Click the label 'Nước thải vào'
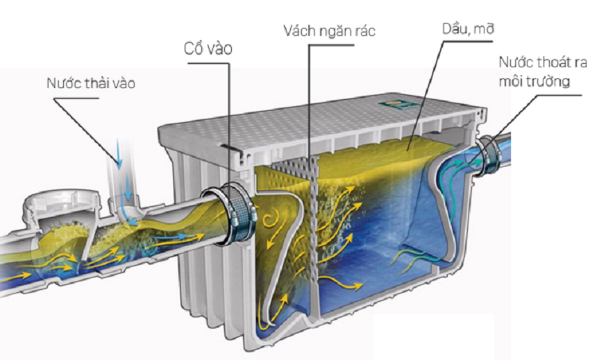coord(91,83)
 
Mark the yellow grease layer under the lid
coord(389,156)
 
